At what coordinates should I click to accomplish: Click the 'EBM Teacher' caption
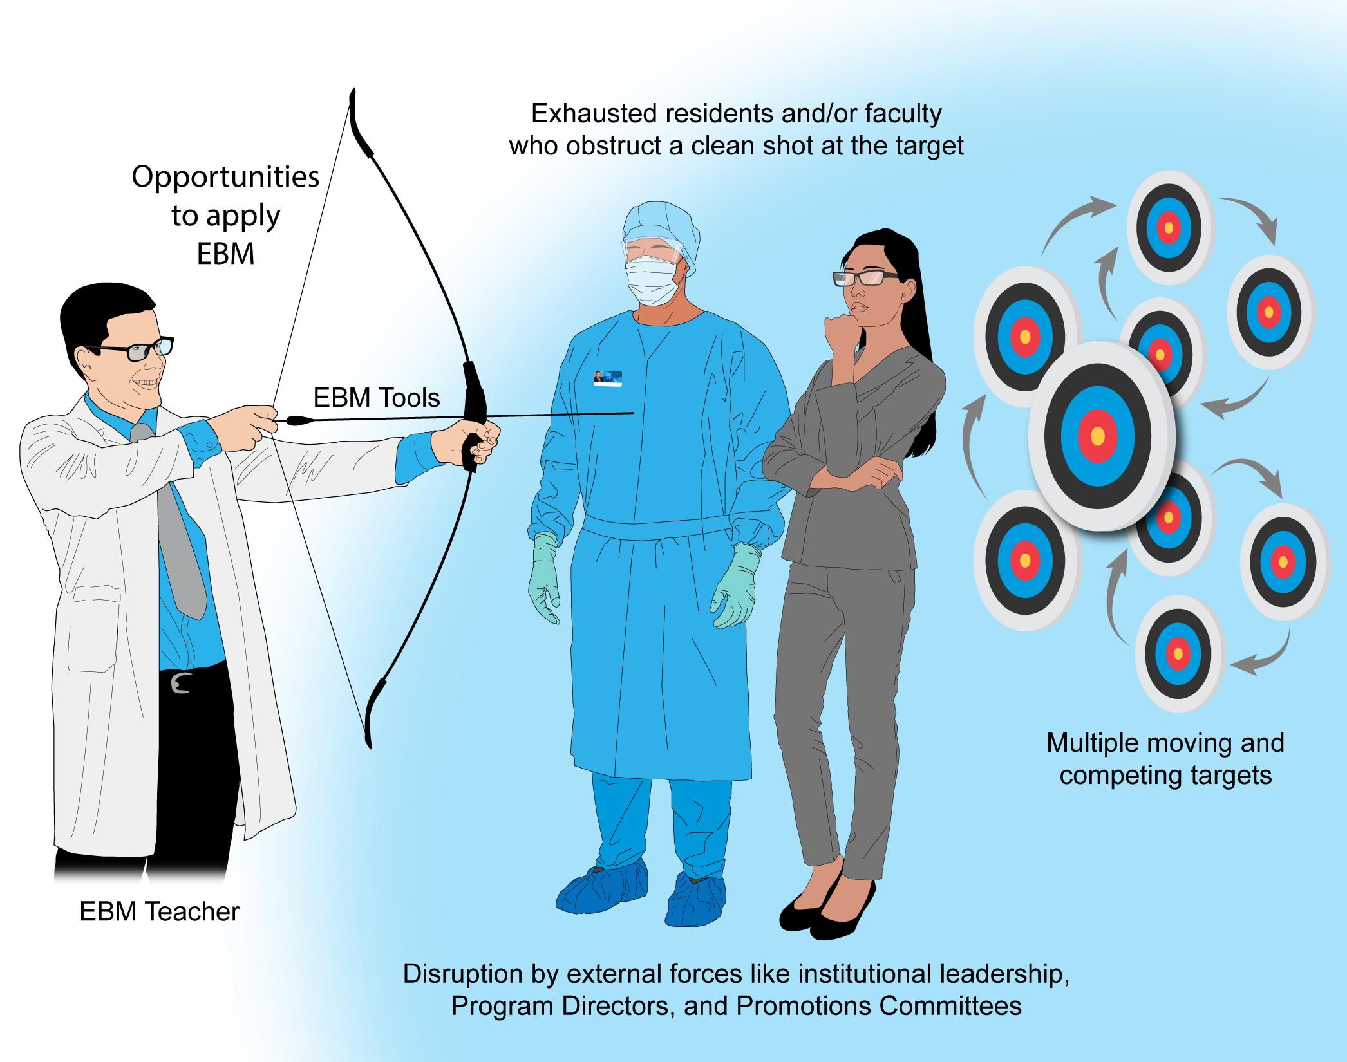pos(160,912)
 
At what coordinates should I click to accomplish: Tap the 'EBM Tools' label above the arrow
pos(377,398)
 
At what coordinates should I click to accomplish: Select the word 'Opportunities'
pos(225,177)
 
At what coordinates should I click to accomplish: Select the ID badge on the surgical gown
pos(607,377)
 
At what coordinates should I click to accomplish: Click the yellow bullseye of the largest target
pos(1098,436)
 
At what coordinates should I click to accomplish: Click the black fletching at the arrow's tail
pos(298,422)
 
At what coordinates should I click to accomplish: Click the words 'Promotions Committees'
pos(879,1005)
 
